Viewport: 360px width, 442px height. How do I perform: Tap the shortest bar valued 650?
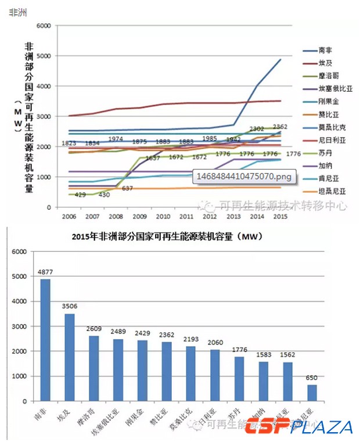[x=312, y=393]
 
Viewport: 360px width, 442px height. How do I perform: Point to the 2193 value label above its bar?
[x=191, y=339]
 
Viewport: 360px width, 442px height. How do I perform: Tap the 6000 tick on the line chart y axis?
[x=44, y=26]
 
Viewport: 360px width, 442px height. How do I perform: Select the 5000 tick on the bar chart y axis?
[x=19, y=276]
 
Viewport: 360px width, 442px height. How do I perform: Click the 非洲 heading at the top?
[x=19, y=12]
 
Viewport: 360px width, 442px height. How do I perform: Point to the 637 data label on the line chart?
[x=128, y=188]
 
